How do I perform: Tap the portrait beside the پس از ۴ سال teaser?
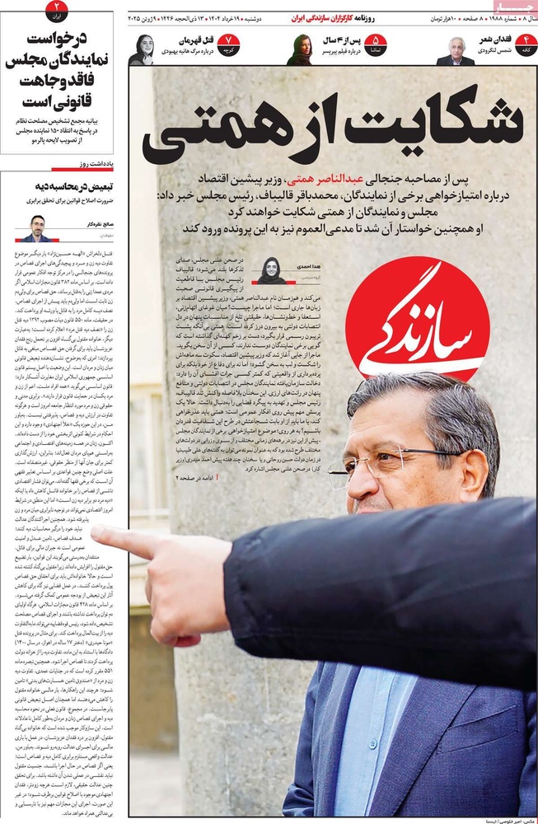[x=299, y=49]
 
